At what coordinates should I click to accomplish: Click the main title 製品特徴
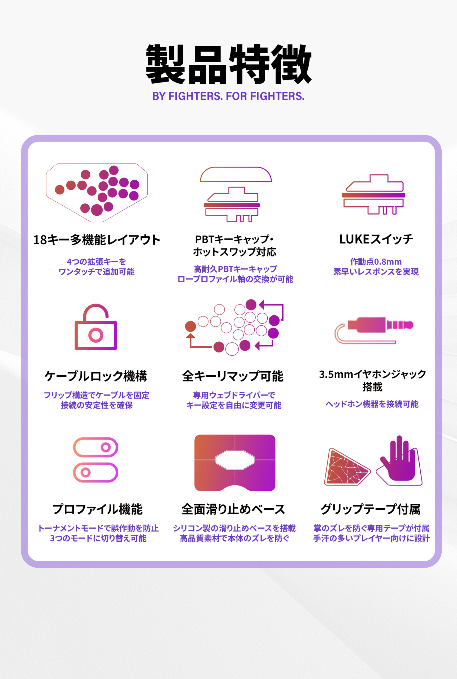229,64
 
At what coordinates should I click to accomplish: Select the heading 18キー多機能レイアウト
97,240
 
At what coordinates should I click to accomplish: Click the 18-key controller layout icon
97,193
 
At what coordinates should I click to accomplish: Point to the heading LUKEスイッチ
376,239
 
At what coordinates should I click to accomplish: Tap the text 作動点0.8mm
376,262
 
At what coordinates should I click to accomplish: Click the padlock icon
96,327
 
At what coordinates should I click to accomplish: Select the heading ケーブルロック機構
96,376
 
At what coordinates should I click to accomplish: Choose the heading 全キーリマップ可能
233,376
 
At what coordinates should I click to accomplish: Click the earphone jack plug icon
374,330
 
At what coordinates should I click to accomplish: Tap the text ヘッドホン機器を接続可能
372,404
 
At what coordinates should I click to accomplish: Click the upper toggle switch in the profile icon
95,447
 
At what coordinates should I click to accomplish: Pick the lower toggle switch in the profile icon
95,472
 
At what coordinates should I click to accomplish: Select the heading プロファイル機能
97,509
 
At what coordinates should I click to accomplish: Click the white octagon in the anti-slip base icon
235,460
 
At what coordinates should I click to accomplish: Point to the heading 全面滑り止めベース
233,509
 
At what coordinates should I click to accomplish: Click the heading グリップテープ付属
371,509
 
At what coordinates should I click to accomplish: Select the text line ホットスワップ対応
235,252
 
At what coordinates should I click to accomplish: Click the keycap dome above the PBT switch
236,174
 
